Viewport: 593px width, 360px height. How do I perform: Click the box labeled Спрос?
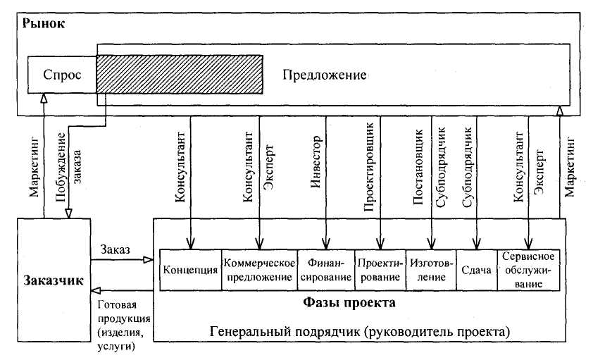click(62, 75)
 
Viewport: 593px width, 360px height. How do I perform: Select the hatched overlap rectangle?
click(180, 75)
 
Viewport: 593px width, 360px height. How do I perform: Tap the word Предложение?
click(325, 75)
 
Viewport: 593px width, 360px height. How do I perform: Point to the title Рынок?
click(44, 23)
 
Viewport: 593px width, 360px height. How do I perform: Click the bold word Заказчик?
click(54, 280)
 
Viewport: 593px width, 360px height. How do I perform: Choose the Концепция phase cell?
click(191, 270)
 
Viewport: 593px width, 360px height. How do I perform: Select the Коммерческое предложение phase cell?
click(259, 270)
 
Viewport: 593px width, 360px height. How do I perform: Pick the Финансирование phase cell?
click(326, 270)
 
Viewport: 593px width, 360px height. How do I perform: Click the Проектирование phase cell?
click(380, 270)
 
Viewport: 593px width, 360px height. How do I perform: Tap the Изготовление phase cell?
click(431, 270)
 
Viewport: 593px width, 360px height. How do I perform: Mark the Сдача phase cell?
click(477, 270)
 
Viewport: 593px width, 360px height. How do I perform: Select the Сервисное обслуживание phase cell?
click(528, 270)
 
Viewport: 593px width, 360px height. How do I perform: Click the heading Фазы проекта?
click(349, 302)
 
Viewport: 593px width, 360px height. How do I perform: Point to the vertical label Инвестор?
click(316, 162)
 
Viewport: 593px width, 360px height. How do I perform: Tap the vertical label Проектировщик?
click(369, 167)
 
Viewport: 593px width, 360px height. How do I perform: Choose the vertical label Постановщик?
click(418, 167)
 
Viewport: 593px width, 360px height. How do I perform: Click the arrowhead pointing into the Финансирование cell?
click(326, 244)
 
